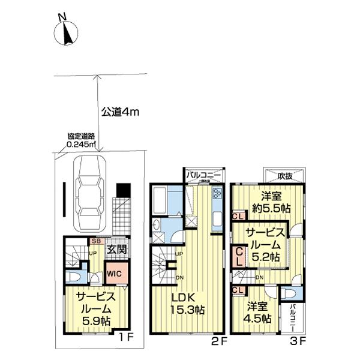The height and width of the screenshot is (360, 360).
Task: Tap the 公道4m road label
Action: click(x=119, y=111)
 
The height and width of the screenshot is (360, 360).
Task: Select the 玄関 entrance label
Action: click(x=116, y=250)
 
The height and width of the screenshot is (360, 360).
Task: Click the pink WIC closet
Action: click(x=115, y=273)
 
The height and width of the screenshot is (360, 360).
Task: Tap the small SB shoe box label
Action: click(x=95, y=241)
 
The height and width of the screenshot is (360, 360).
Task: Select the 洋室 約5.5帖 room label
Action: click(x=271, y=202)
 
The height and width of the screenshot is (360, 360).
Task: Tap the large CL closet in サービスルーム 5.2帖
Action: click(x=239, y=257)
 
